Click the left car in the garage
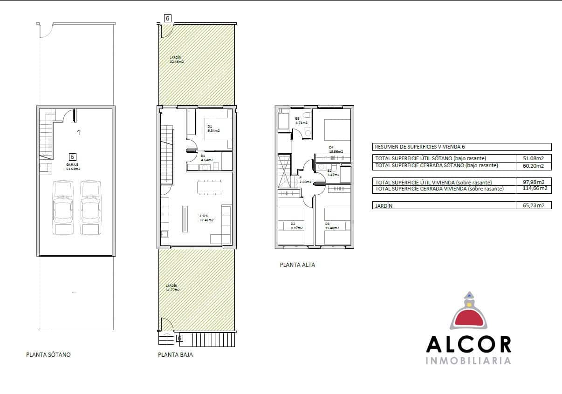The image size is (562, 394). [x=64, y=208]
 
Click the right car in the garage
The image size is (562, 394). [x=90, y=208]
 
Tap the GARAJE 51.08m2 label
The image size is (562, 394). [x=73, y=167]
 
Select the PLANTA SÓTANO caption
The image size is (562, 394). [x=48, y=354]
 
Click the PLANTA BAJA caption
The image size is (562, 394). [x=175, y=354]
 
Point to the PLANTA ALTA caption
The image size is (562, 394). [x=297, y=265]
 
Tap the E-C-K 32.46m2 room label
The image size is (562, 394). [x=206, y=218]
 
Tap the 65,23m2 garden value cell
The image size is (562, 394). [x=534, y=205]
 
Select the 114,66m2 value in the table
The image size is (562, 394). [x=534, y=189]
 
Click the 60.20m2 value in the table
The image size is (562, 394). [x=534, y=165]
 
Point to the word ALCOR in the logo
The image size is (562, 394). [x=468, y=344]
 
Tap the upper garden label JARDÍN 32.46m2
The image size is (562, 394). [x=177, y=59]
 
